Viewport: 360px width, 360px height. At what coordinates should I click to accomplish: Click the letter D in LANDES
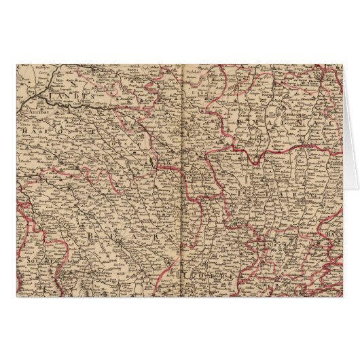[79, 97]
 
